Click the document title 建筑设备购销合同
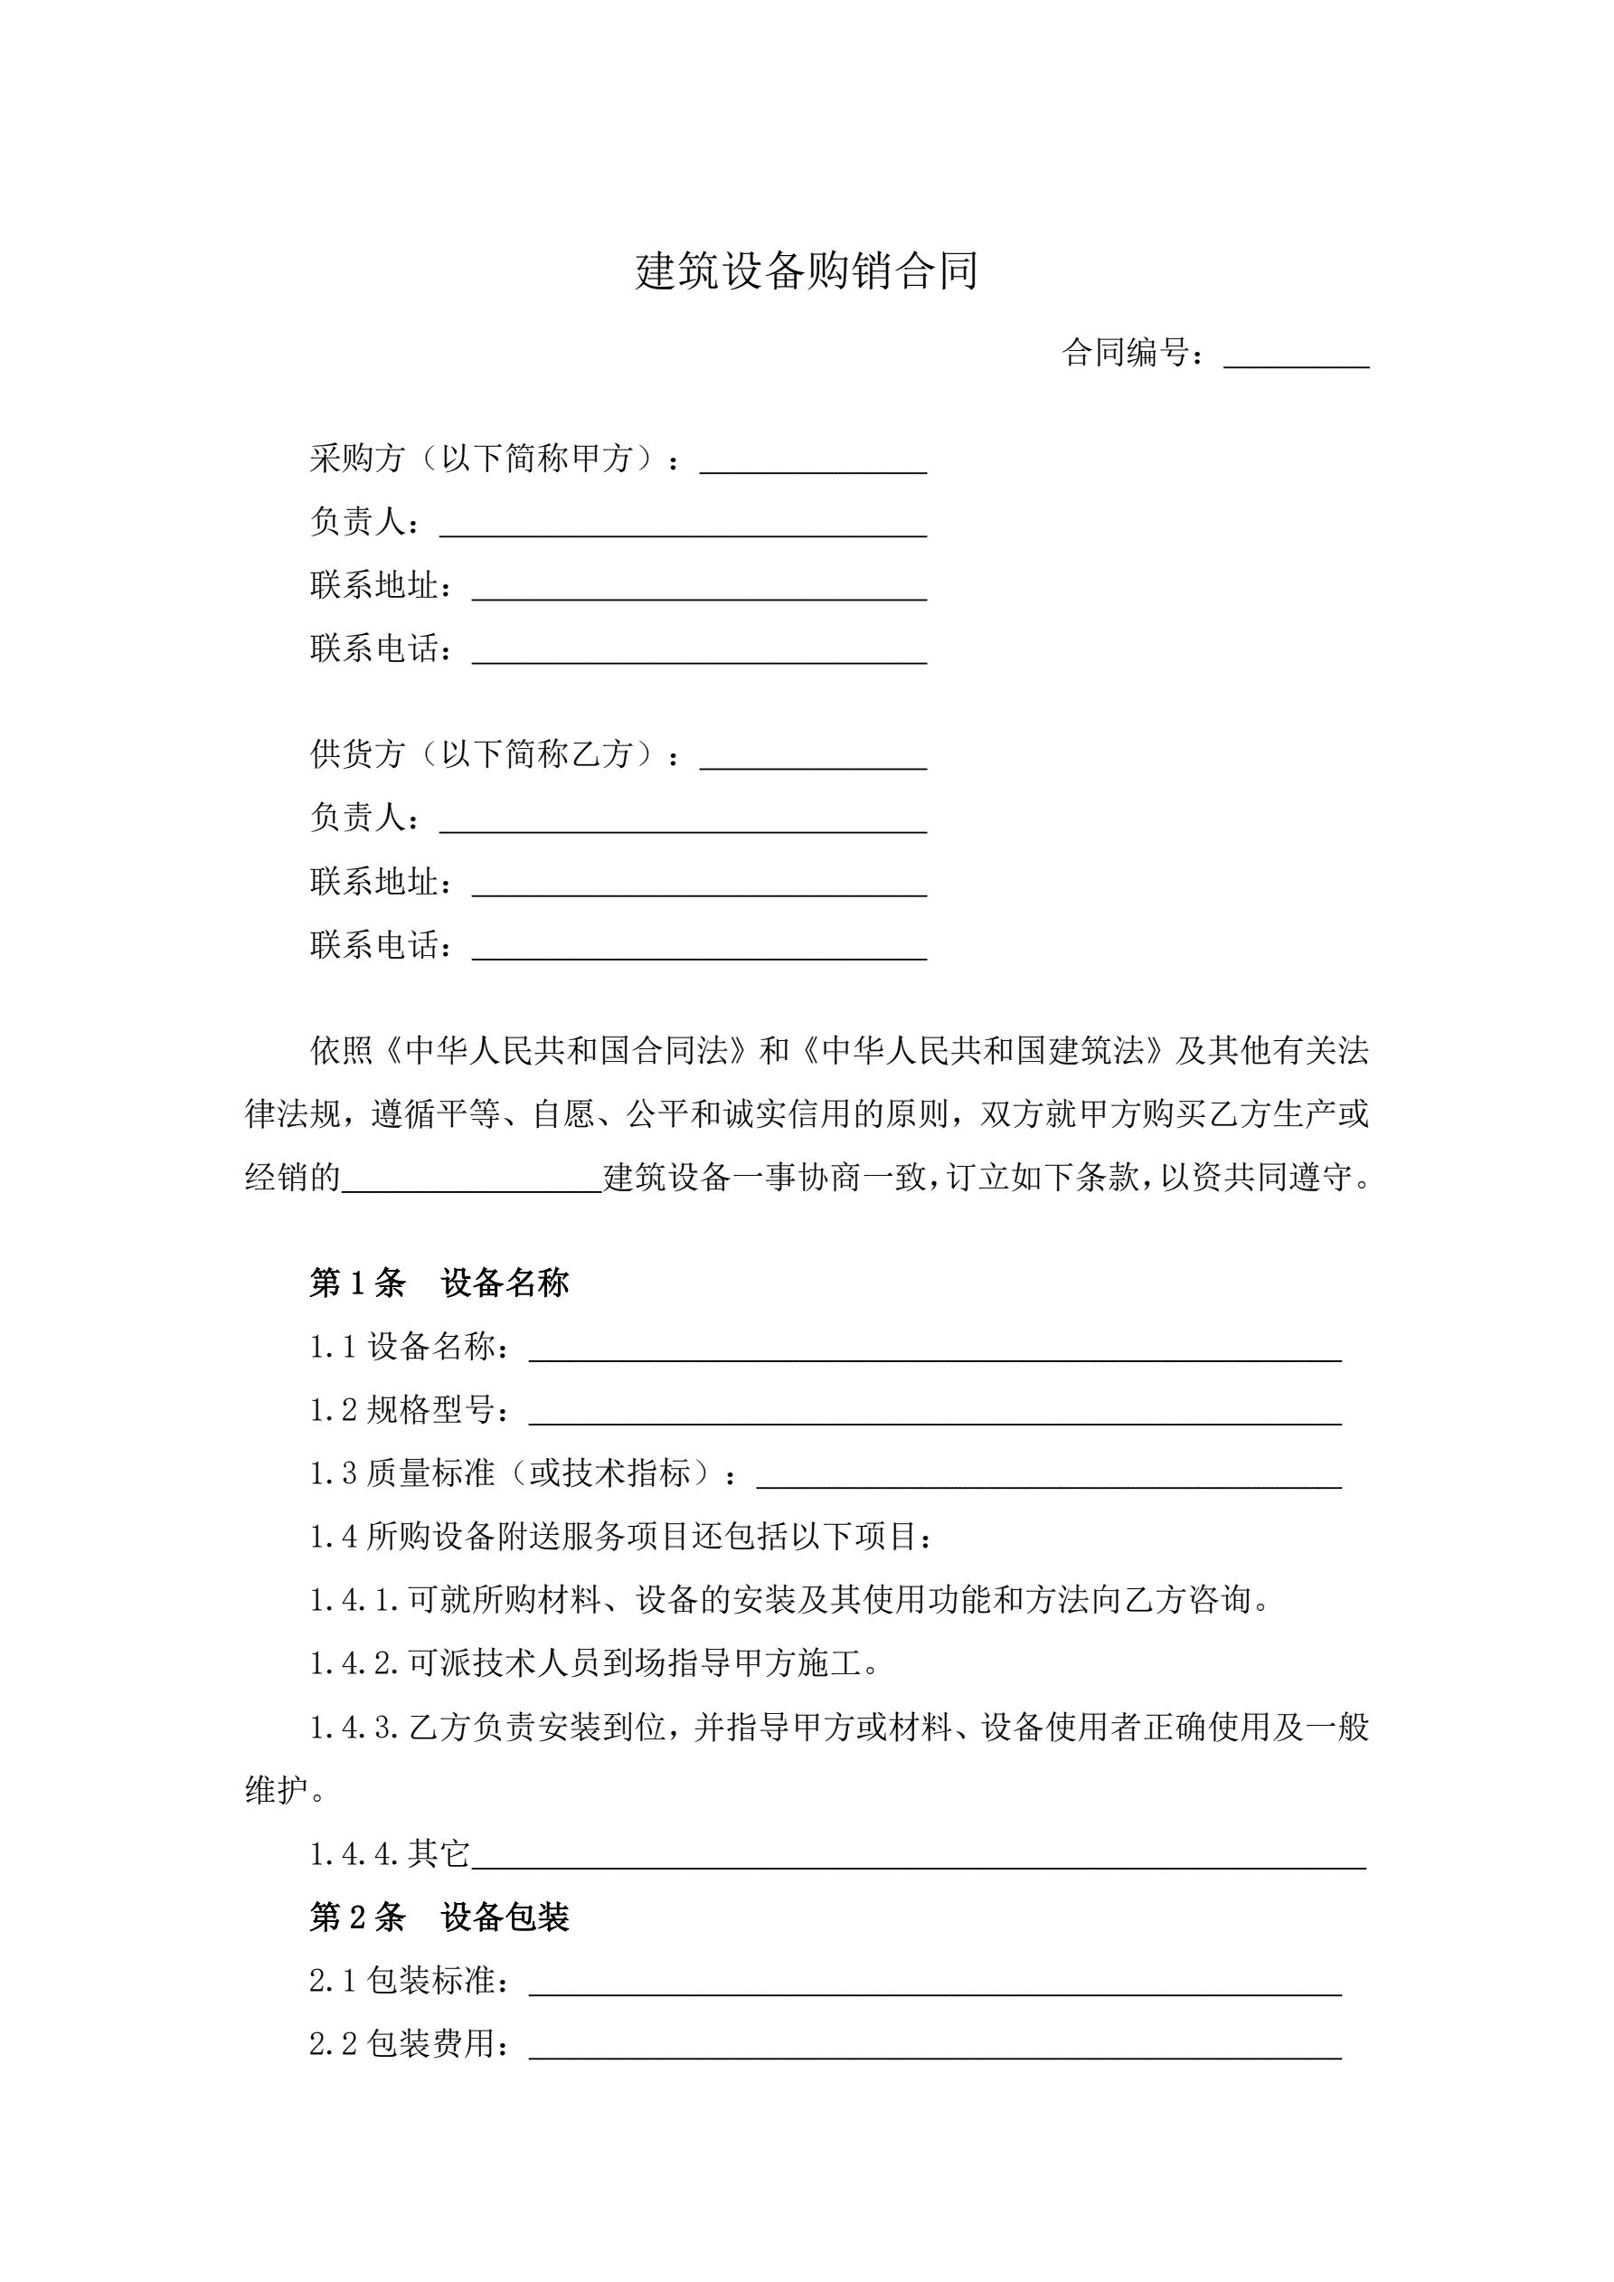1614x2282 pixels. pos(806,270)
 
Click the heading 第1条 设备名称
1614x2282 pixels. pos(439,1283)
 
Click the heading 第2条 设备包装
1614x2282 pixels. pos(439,1917)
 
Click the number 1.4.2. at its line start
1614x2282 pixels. pos(354,1664)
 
